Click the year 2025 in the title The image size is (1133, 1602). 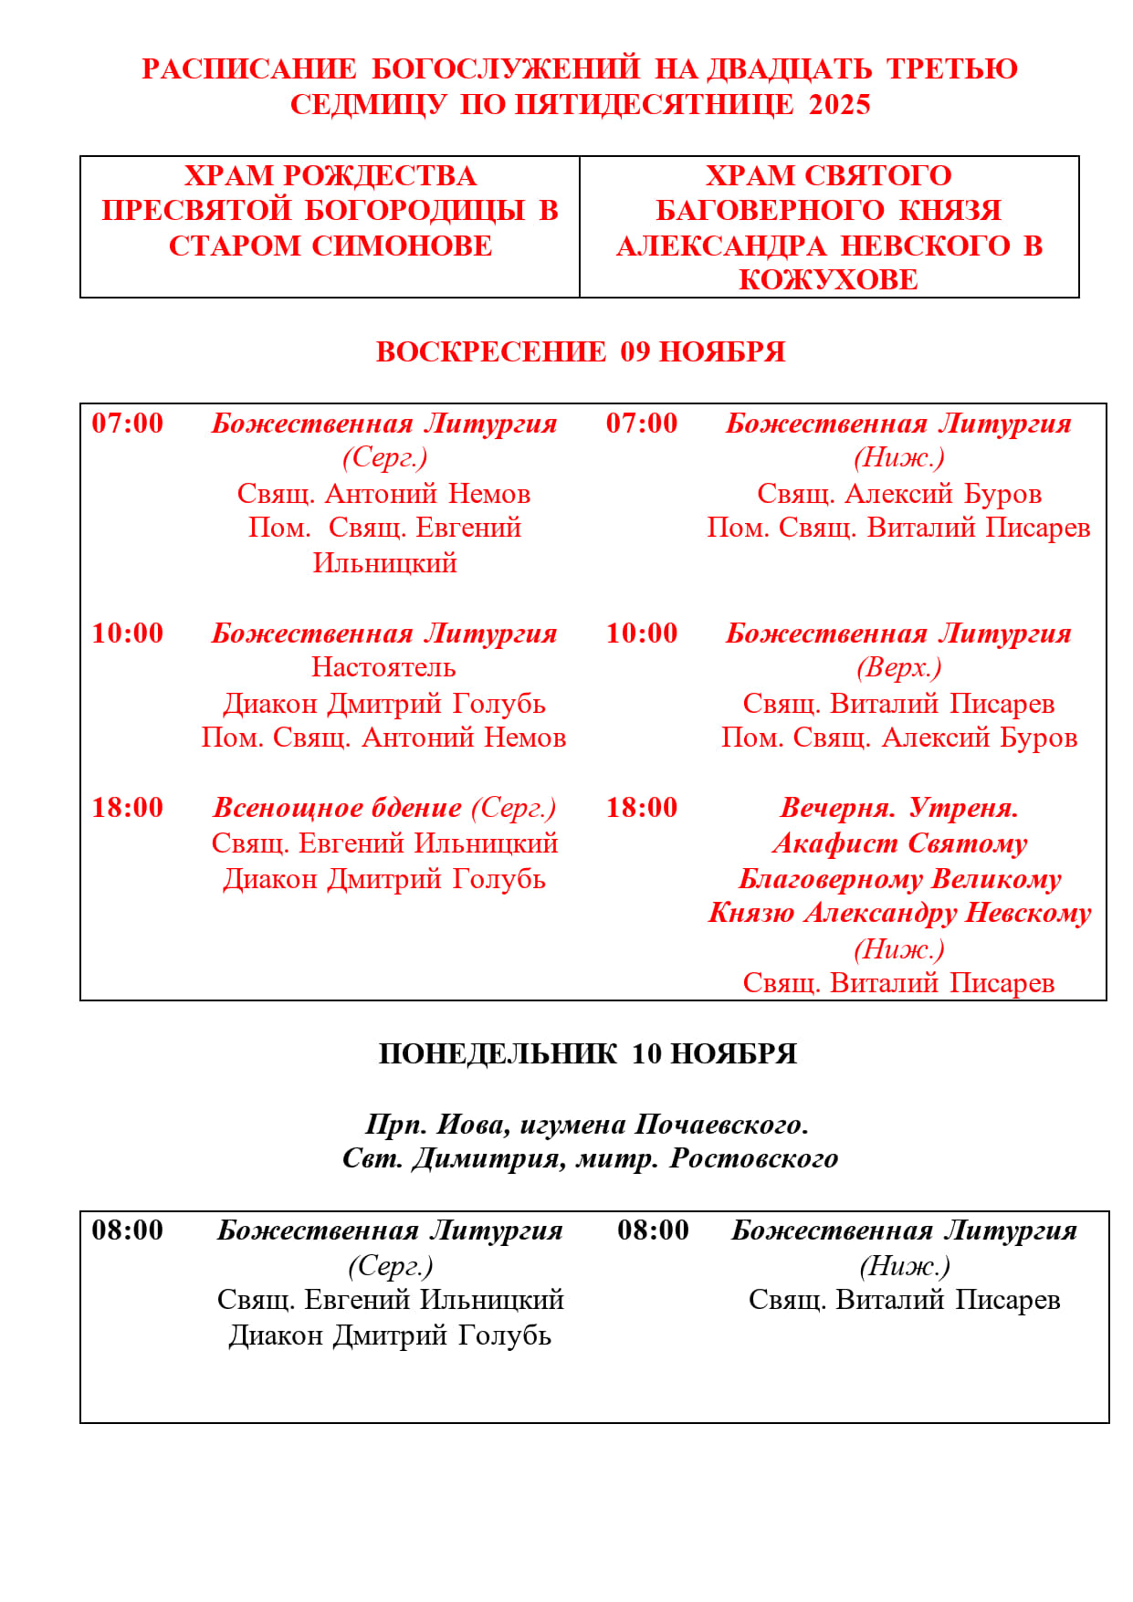pyautogui.click(x=839, y=105)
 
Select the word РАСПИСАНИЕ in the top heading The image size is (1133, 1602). pyautogui.click(x=249, y=69)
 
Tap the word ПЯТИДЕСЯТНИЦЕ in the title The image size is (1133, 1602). pyautogui.click(x=655, y=105)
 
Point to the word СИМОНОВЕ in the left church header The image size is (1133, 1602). pyautogui.click(x=402, y=246)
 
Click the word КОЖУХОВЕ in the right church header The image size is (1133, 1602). pyautogui.click(x=828, y=280)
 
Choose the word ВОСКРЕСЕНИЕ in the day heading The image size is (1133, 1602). pyautogui.click(x=490, y=352)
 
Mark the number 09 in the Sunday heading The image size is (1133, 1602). pyautogui.click(x=635, y=352)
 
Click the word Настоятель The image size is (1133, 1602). pyautogui.click(x=383, y=667)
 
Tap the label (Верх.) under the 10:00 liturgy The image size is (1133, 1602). pyautogui.click(x=898, y=667)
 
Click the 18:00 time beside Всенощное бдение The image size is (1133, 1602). pyautogui.click(x=128, y=808)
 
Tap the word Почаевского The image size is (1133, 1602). pyautogui.click(x=721, y=1125)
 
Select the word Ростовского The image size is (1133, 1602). pyautogui.click(x=754, y=1158)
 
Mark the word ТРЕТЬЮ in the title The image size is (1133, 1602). pyautogui.click(x=952, y=69)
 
